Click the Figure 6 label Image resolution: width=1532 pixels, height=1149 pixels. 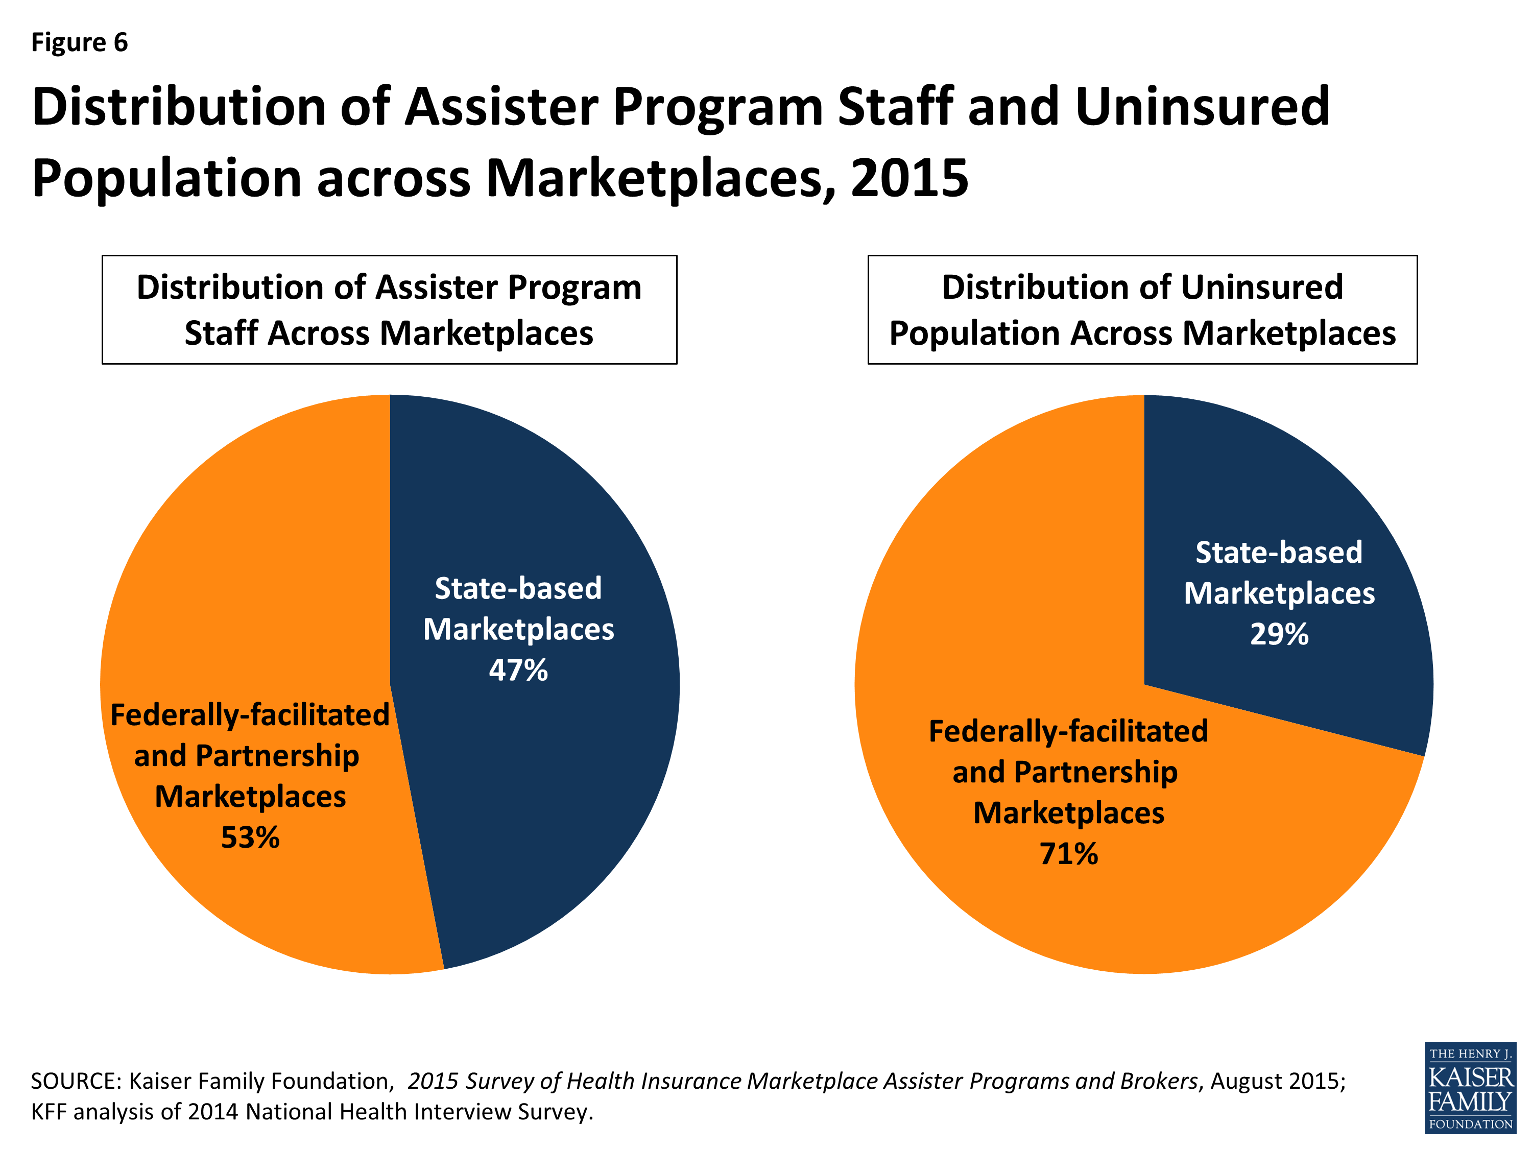tap(80, 42)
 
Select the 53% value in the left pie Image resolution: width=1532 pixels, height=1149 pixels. tap(250, 837)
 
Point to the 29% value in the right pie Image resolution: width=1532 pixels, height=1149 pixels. tap(1279, 634)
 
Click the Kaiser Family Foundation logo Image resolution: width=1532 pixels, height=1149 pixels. tap(1470, 1087)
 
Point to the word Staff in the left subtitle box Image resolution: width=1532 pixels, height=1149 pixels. tap(222, 333)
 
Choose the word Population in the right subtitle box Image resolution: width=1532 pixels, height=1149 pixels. tap(974, 333)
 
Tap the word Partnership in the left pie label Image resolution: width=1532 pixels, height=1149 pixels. tap(277, 756)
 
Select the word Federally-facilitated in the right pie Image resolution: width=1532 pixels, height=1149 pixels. tap(1068, 731)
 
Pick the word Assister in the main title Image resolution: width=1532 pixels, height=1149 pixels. tap(501, 107)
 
